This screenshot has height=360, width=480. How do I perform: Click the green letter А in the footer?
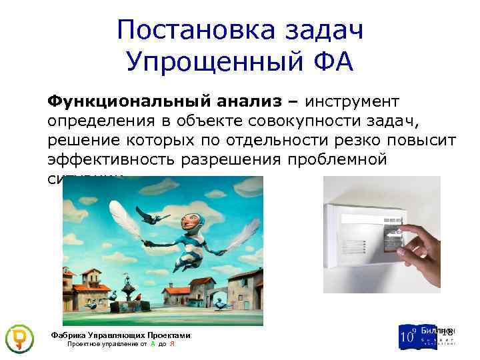pos(153,345)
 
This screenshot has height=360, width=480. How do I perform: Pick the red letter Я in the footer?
pos(172,345)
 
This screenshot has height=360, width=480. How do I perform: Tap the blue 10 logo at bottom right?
pos(407,336)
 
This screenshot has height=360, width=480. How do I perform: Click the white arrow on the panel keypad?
pos(394,234)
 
